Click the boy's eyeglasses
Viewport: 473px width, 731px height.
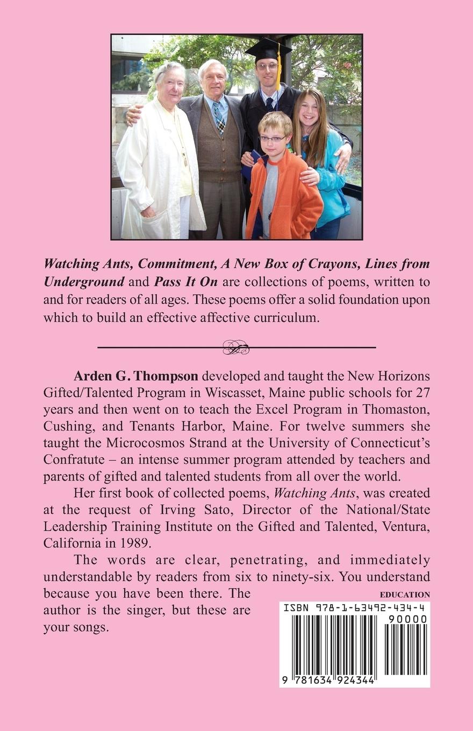coord(273,139)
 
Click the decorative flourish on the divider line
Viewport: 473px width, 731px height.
coord(236,348)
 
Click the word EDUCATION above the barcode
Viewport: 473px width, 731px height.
coord(405,594)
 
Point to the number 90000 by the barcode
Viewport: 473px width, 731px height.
coord(407,619)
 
